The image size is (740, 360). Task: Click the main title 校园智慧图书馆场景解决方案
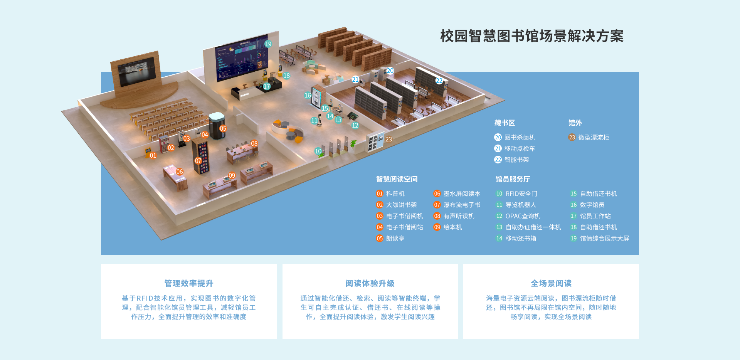coord(531,36)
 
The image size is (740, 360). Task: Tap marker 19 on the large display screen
coord(268,44)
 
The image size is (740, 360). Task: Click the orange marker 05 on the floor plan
coord(223,128)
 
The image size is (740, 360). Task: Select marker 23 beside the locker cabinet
coord(388,139)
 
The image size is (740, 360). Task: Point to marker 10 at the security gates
coord(318,151)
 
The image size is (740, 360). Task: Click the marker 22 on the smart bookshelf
coord(439,81)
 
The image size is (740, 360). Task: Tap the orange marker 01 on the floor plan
coord(153,155)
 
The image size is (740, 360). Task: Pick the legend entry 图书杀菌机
coord(519,138)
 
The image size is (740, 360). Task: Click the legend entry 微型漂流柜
coord(593,138)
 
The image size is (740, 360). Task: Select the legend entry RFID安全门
coord(521,194)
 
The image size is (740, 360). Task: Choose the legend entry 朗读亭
coord(395,239)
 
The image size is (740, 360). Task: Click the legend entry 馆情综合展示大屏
coord(604,239)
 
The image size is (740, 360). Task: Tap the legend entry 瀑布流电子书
coord(461,205)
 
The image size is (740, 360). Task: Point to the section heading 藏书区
coord(505,123)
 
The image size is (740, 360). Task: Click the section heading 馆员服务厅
coord(513,179)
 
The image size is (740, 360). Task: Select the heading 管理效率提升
coord(189,283)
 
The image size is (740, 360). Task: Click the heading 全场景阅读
coord(551,283)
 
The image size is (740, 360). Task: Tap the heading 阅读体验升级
coord(370,283)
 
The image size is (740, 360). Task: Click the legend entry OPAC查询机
coord(523,216)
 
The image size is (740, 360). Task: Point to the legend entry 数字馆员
coord(592,205)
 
